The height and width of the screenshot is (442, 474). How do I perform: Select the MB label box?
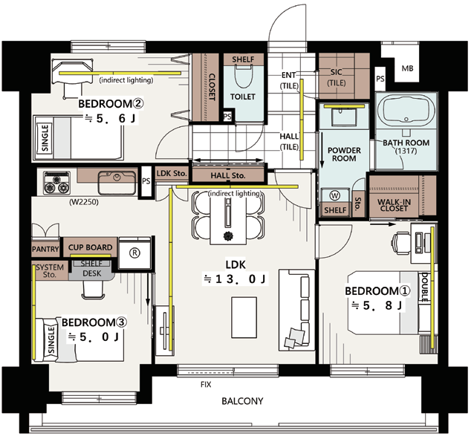[407, 68]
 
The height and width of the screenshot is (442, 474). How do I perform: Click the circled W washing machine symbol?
[334, 195]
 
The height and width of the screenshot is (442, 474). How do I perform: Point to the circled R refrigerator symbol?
[134, 253]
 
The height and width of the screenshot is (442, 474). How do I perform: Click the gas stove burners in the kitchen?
[56, 183]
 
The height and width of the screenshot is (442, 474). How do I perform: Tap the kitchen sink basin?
[117, 182]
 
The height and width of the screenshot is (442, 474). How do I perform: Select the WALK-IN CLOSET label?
[394, 205]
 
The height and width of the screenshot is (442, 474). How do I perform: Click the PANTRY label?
[45, 249]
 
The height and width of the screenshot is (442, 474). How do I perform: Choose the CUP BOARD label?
[90, 247]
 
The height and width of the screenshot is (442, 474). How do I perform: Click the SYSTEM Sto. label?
[50, 271]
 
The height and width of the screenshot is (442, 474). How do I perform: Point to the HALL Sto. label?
[228, 175]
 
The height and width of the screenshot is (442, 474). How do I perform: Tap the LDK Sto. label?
[172, 173]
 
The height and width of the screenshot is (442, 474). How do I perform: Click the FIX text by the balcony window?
[206, 385]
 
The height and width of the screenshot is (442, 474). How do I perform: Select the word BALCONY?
[242, 401]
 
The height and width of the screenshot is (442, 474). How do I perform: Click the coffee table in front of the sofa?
[244, 317]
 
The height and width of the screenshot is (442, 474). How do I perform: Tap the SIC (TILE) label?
[336, 77]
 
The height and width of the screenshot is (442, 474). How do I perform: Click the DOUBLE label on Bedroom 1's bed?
[424, 287]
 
